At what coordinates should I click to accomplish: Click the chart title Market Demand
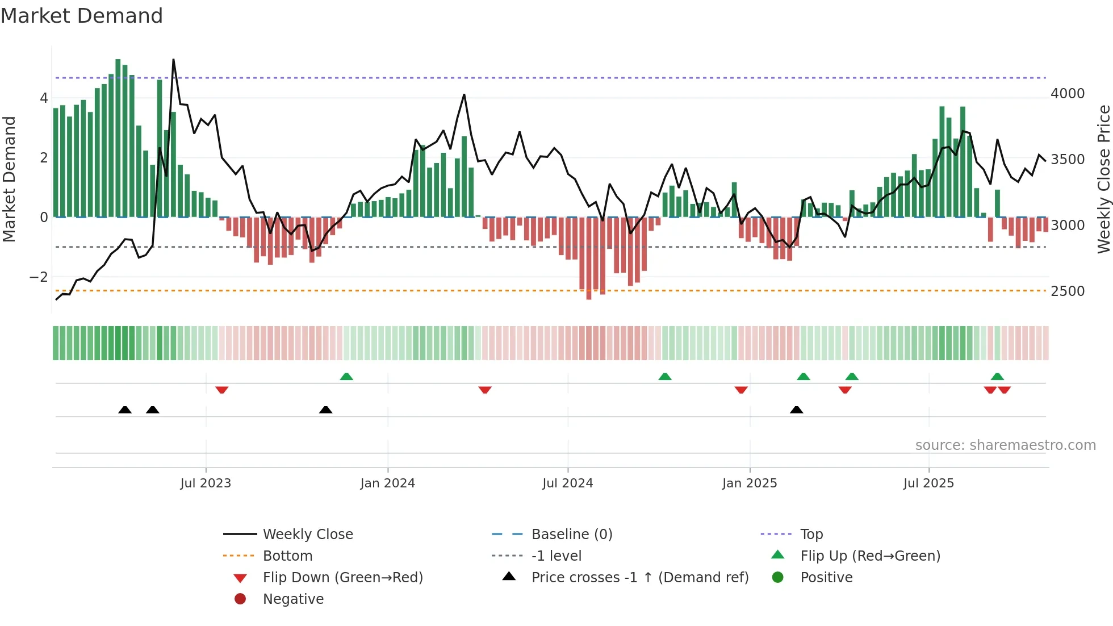[x=82, y=15]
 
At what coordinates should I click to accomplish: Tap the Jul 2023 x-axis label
[x=206, y=483]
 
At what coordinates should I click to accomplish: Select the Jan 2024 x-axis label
[x=388, y=483]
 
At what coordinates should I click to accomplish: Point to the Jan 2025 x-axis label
[x=750, y=483]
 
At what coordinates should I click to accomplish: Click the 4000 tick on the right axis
[x=1068, y=94]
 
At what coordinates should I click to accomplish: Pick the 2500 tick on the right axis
[x=1068, y=291]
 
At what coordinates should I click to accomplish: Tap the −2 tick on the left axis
[x=39, y=277]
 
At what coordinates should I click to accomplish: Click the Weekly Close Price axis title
[x=1103, y=179]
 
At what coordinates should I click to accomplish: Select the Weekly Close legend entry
[x=307, y=535]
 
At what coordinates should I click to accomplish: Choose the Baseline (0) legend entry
[x=571, y=535]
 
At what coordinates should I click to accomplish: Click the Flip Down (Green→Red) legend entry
[x=342, y=578]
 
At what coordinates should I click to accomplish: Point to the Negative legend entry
[x=293, y=599]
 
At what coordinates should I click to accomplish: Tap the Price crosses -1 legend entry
[x=639, y=578]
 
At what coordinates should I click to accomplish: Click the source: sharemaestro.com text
[x=1005, y=445]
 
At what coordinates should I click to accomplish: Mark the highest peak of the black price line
[x=173, y=60]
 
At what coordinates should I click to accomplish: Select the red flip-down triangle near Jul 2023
[x=222, y=390]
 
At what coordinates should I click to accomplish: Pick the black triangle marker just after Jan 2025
[x=796, y=410]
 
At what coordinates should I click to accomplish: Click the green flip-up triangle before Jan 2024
[x=346, y=377]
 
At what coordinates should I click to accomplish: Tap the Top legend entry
[x=811, y=535]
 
